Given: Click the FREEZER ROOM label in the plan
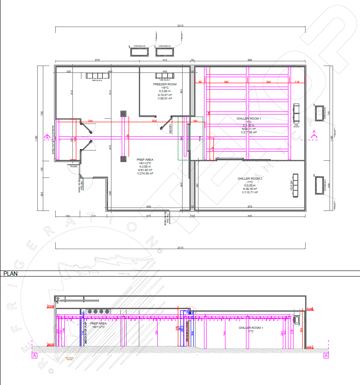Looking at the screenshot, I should pos(165,84).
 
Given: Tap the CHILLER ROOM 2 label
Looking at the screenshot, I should pos(250,178).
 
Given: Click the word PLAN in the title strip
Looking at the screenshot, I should pos(10,273).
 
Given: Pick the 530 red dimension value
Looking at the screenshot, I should pos(90,121).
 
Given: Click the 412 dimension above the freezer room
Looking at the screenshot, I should pos(165,60).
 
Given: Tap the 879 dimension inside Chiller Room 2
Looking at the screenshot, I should pos(250,207).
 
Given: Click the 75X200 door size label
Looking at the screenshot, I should pos(74,165).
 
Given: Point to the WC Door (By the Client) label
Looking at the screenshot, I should pos(80,189).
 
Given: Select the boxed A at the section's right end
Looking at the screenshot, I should pos(326,355).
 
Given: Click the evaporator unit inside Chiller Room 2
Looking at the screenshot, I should pos(295,185).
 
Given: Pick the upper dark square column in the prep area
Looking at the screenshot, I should pos(124,113).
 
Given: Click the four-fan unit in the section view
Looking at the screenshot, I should pos(99,312).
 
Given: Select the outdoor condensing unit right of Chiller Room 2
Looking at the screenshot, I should pos(320,185).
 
